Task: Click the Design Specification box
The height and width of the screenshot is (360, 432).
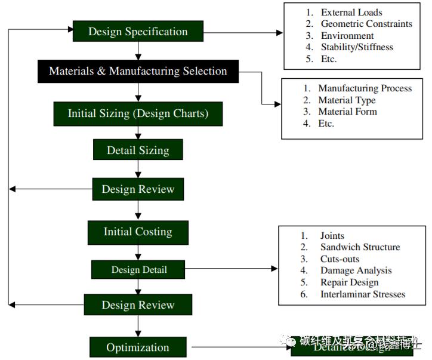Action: (x=138, y=32)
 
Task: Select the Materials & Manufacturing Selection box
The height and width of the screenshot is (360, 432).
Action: (x=138, y=71)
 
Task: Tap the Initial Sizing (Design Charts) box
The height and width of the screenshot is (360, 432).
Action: (x=138, y=113)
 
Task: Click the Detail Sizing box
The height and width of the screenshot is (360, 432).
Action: (x=138, y=150)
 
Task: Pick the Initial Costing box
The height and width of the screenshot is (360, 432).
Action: (x=138, y=232)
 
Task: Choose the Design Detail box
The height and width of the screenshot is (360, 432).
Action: (x=138, y=270)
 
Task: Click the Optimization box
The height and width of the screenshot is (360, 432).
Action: (x=138, y=347)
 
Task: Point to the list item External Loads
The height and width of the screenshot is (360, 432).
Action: (x=351, y=13)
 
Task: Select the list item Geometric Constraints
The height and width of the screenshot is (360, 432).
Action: (x=366, y=24)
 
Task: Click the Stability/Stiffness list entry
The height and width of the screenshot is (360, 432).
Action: (x=357, y=47)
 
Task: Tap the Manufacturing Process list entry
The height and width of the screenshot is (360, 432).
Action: (x=365, y=88)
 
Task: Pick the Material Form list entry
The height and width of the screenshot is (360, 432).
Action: (x=347, y=112)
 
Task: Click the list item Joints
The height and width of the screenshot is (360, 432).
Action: (x=332, y=236)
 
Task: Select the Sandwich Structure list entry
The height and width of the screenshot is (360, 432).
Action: (x=359, y=247)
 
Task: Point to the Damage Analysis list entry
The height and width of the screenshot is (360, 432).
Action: (x=356, y=270)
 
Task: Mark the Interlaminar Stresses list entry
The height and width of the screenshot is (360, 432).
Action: (x=362, y=294)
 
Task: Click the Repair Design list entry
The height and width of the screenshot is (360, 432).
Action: (x=349, y=282)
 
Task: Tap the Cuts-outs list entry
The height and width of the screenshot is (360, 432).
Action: (x=340, y=259)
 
